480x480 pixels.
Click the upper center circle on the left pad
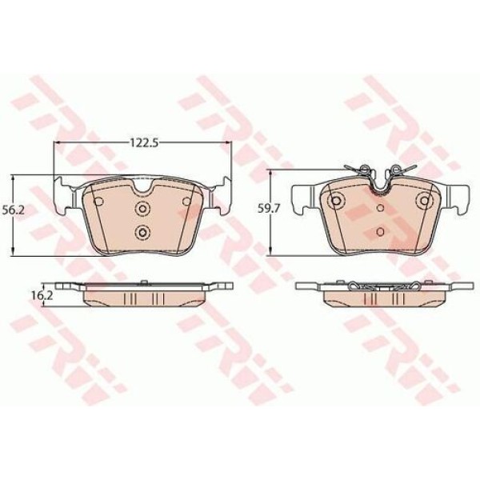(142, 210)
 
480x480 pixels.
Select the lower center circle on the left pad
(142, 233)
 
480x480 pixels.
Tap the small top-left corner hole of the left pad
(97, 202)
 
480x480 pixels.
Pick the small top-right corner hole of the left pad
(186, 202)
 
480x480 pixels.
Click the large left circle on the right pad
(337, 200)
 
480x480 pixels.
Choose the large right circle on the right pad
(424, 200)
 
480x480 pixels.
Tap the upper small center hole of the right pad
(380, 207)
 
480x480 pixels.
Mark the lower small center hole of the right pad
(380, 232)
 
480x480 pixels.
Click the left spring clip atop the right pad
(360, 170)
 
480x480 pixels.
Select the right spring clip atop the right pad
(401, 170)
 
